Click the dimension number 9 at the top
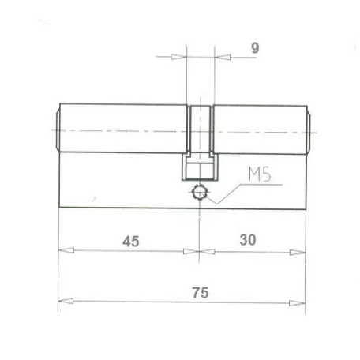click(254, 47)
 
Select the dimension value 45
click(131, 241)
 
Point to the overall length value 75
click(200, 291)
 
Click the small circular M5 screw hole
click(201, 192)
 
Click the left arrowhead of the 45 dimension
click(66, 252)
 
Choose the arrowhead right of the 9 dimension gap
click(220, 57)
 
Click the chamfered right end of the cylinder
click(309, 129)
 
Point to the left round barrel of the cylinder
click(122, 129)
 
